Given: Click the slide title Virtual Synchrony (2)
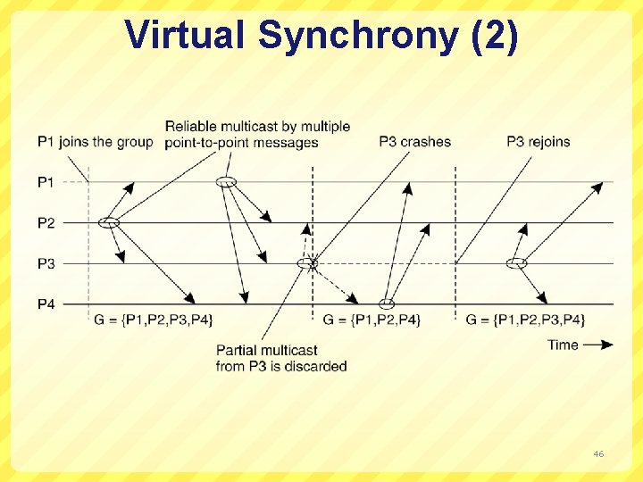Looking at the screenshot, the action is pyautogui.click(x=321, y=36).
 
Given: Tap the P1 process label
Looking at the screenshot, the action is pyautogui.click(x=46, y=182).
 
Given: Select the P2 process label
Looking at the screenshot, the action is pyautogui.click(x=46, y=223).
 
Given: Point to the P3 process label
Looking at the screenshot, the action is pyautogui.click(x=46, y=263).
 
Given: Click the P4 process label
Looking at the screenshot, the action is pyautogui.click(x=46, y=304).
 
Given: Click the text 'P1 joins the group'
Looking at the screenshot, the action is pyautogui.click(x=96, y=142).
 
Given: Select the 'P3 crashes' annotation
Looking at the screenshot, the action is pyautogui.click(x=414, y=142).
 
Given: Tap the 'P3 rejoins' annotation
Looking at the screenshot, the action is pyautogui.click(x=538, y=142).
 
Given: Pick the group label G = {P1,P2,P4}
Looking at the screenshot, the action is pyautogui.click(x=371, y=320).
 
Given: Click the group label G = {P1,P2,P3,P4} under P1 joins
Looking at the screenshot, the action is pyautogui.click(x=154, y=320).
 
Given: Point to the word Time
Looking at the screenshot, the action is pyautogui.click(x=564, y=345).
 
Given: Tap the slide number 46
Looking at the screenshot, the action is pyautogui.click(x=598, y=454).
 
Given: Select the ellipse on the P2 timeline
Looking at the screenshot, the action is pyautogui.click(x=109, y=222).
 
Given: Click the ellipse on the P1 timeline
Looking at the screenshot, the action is pyautogui.click(x=227, y=182).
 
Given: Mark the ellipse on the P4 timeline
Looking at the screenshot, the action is pyautogui.click(x=387, y=304).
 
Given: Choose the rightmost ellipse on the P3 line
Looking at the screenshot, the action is pyautogui.click(x=516, y=263).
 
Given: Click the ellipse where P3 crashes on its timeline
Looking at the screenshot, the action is pyautogui.click(x=307, y=263).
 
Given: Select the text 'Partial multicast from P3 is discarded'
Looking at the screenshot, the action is pyautogui.click(x=281, y=358).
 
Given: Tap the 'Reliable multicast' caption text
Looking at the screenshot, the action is pyautogui.click(x=257, y=134).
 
